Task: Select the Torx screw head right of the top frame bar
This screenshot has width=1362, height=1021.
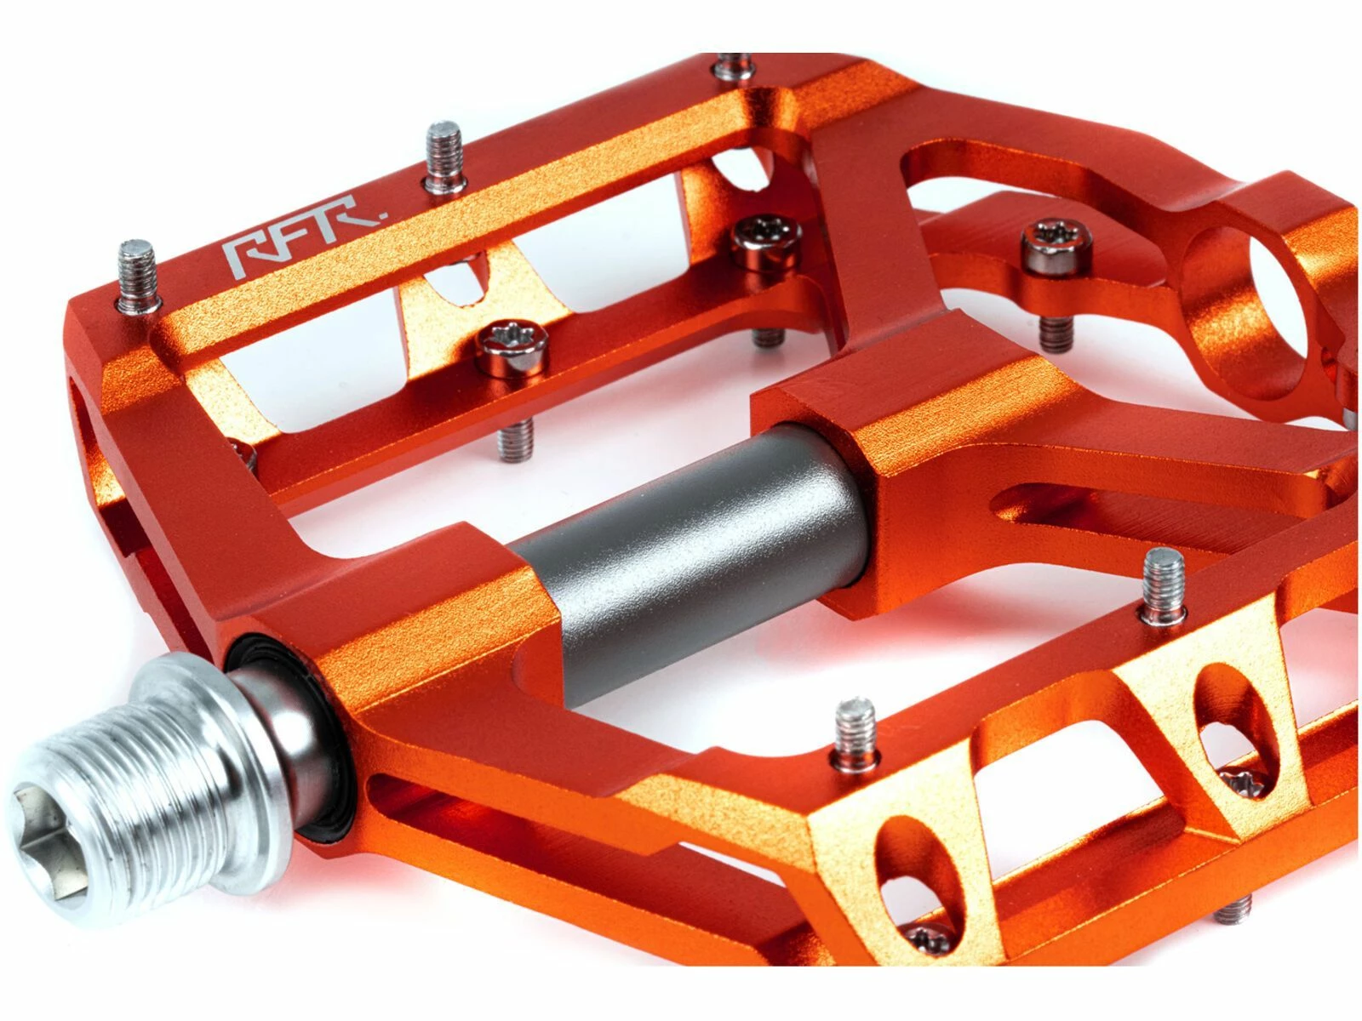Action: point(764,240)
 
